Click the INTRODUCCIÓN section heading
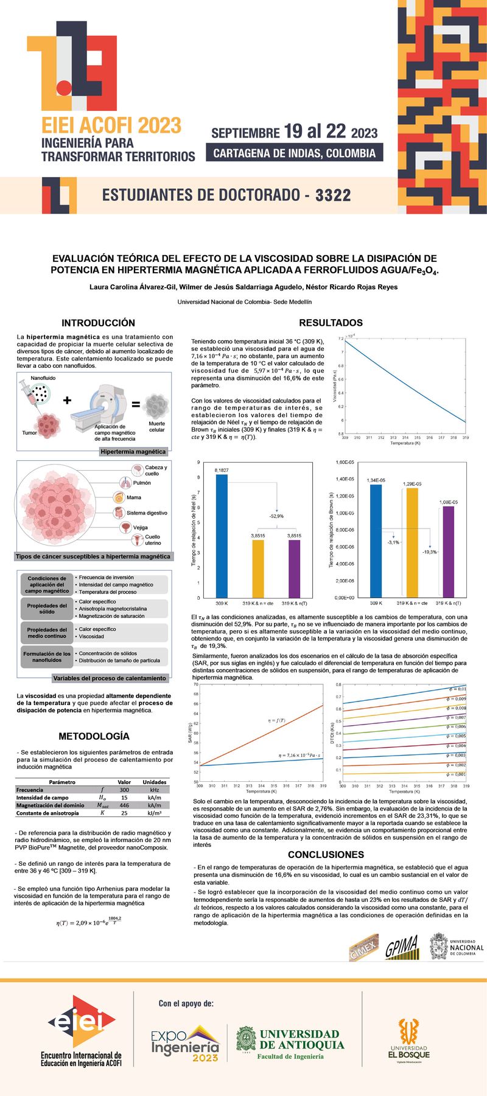point(98,323)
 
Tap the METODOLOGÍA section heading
point(94,736)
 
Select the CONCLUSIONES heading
point(326,854)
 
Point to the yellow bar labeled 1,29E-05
point(412,542)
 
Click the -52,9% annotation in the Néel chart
point(276,516)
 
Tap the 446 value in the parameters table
point(124,805)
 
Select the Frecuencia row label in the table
point(30,790)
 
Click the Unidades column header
point(155,782)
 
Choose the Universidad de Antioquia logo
point(290,1044)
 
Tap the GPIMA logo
point(402,947)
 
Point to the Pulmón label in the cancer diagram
point(142,483)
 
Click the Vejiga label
point(141,527)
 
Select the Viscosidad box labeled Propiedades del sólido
point(47,609)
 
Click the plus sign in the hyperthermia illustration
point(67,400)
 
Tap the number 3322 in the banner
point(333,195)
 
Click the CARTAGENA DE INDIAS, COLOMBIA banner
point(295,153)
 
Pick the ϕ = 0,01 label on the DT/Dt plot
point(457,689)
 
